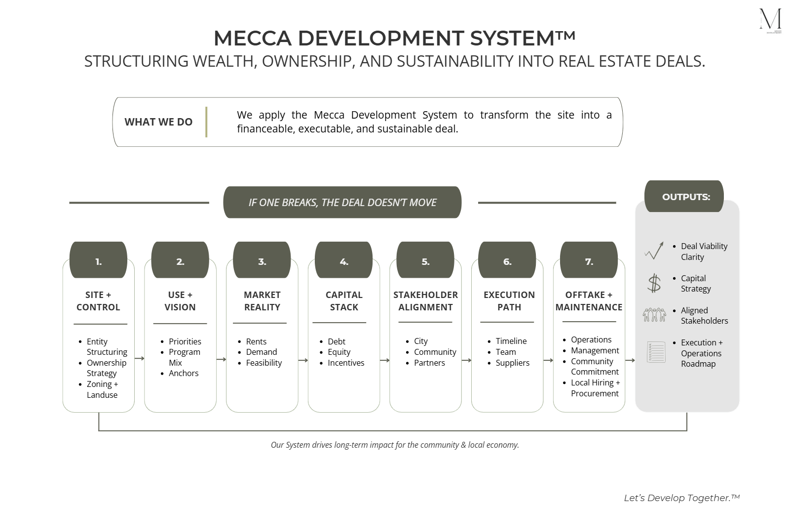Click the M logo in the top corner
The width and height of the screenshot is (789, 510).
770,20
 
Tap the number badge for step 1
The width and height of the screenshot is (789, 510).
98,260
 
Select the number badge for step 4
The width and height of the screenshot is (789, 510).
344,260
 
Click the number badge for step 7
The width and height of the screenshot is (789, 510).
589,260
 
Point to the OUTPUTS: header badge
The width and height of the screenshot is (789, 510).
684,197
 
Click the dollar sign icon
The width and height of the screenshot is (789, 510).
654,283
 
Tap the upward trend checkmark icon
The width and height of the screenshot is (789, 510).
654,251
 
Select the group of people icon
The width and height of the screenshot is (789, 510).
654,315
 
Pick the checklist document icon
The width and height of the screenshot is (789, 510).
656,352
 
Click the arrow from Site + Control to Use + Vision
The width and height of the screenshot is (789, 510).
140,358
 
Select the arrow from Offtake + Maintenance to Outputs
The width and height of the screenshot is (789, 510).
630,360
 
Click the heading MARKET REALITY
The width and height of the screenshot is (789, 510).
262,301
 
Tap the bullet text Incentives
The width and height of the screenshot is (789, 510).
346,363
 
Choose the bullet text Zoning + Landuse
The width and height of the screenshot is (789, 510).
103,389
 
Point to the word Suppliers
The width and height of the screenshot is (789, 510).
513,363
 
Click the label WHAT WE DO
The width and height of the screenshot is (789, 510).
158,122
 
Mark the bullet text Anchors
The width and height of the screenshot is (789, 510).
184,373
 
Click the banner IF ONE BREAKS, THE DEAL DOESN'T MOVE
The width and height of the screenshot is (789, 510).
342,202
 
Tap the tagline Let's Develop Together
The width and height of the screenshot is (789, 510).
681,498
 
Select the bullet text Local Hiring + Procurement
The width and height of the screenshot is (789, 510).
595,388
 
